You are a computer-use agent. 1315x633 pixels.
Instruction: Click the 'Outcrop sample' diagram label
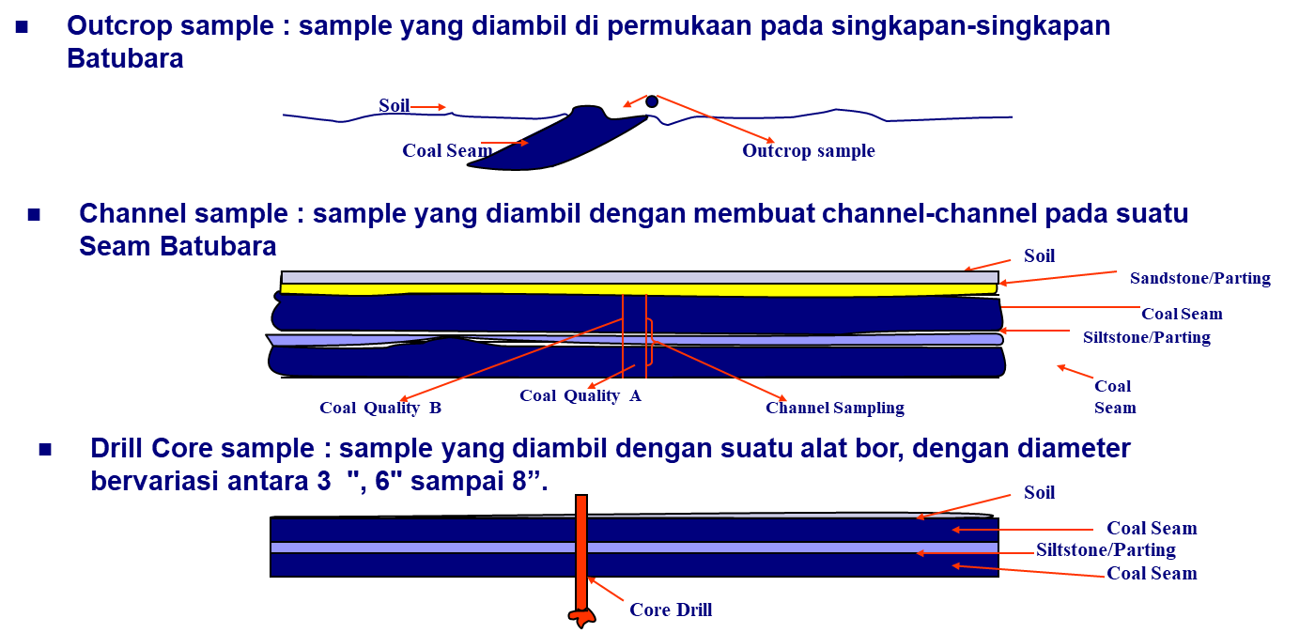pos(808,151)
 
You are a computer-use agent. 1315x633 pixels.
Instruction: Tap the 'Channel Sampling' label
pos(834,408)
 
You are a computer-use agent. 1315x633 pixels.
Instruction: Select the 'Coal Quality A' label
pos(580,396)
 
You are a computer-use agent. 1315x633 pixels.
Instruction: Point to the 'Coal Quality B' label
pos(380,408)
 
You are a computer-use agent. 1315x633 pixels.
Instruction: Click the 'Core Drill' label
pos(671,610)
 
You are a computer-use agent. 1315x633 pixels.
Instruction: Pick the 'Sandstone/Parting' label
pos(1199,278)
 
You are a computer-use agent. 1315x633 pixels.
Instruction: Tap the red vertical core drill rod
pos(581,549)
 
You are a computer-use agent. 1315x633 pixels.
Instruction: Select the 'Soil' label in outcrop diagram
pos(394,106)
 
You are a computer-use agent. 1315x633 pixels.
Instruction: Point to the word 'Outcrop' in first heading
pos(118,26)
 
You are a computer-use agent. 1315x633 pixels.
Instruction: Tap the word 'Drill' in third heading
pos(116,449)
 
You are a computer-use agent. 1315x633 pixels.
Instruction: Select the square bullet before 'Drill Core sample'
pos(45,450)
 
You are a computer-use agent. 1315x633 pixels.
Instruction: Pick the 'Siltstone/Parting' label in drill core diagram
pos(1106,550)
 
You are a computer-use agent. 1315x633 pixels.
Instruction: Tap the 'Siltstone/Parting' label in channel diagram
pos(1146,337)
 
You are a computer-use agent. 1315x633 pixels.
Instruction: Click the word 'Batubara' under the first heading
pos(125,59)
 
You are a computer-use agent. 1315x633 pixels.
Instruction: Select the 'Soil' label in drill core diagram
pos(1040,493)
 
